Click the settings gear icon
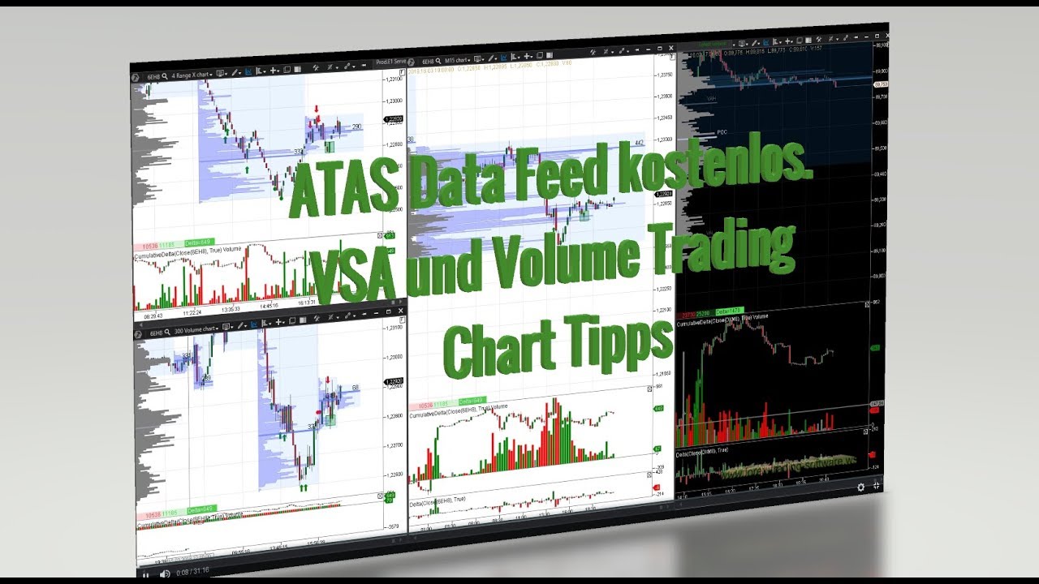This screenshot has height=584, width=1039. (860, 487)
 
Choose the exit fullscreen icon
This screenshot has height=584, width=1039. (876, 486)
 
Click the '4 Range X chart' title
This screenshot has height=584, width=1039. (192, 75)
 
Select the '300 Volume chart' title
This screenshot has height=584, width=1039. (195, 331)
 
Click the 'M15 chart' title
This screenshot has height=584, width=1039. (457, 60)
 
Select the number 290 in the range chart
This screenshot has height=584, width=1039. (356, 127)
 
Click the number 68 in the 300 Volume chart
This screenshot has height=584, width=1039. (355, 388)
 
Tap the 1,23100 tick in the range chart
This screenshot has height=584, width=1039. (394, 79)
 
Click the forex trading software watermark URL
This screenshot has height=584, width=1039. (787, 466)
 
